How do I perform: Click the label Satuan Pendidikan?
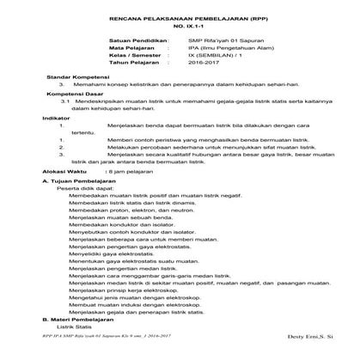pyautogui.click(x=137, y=40)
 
